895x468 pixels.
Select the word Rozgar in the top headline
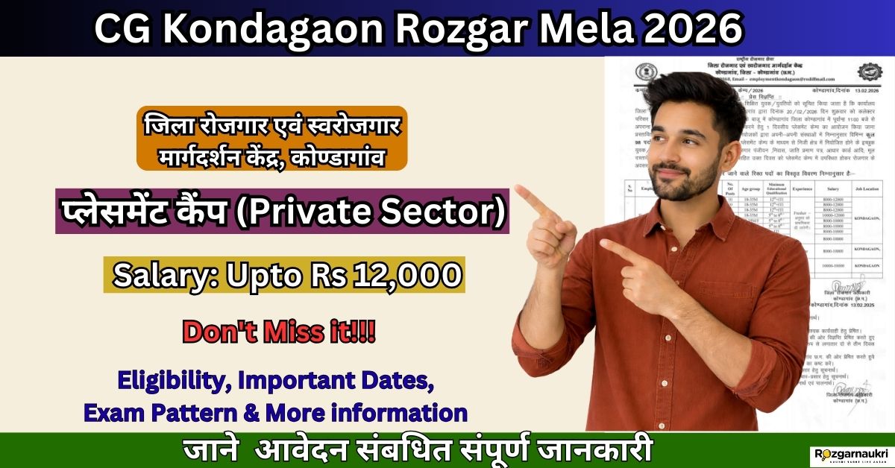(x=445, y=30)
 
